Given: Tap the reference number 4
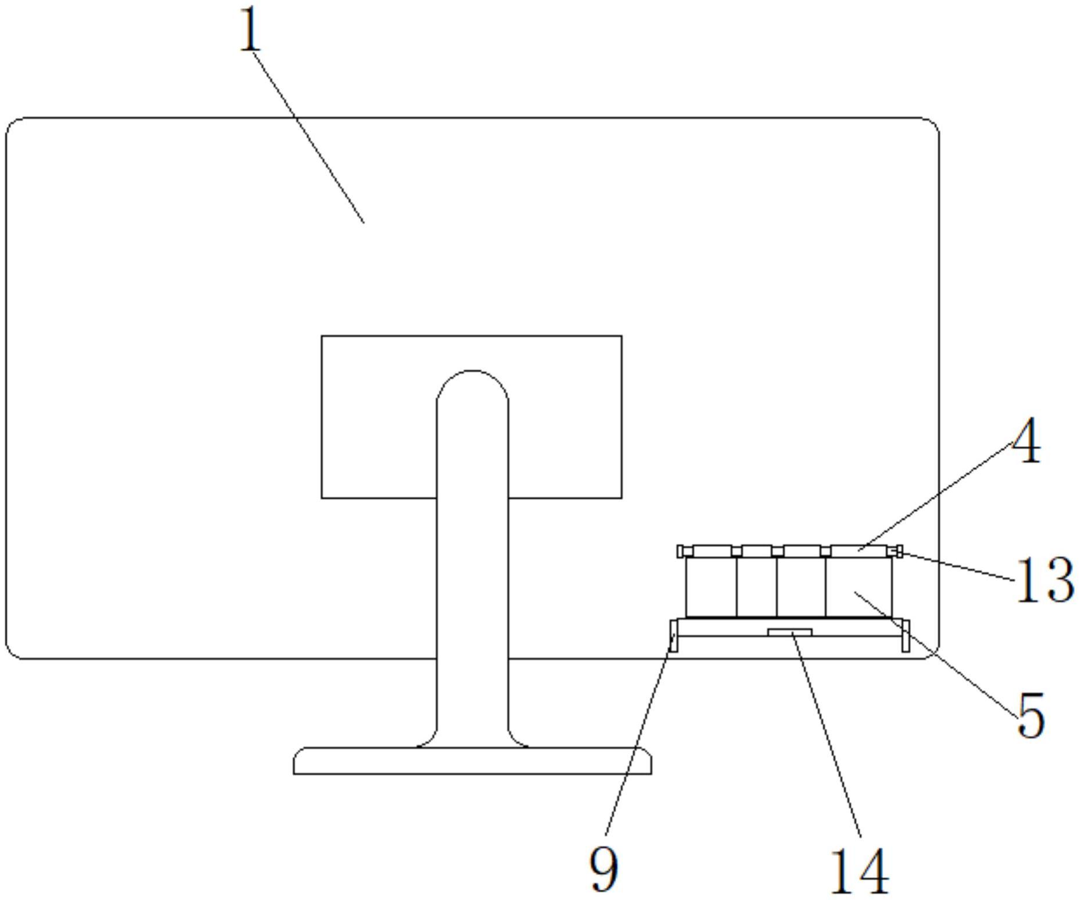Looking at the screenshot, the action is (x=1027, y=441).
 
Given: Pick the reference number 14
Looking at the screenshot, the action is (x=860, y=872).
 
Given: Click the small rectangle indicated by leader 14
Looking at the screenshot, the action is (x=790, y=632).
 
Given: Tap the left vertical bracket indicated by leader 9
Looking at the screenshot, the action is (x=673, y=635).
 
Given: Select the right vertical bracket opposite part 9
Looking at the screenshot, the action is (x=905, y=635).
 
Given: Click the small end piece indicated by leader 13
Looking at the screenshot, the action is (x=899, y=551).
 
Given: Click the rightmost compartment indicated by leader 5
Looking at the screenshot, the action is (x=858, y=587).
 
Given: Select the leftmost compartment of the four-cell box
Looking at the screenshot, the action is (x=711, y=587).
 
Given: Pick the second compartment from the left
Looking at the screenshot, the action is (x=756, y=587).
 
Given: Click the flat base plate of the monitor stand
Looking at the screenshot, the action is (x=472, y=761).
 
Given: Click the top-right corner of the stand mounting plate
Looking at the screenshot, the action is (x=622, y=336).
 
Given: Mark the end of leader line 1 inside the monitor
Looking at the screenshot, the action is (x=364, y=222).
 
